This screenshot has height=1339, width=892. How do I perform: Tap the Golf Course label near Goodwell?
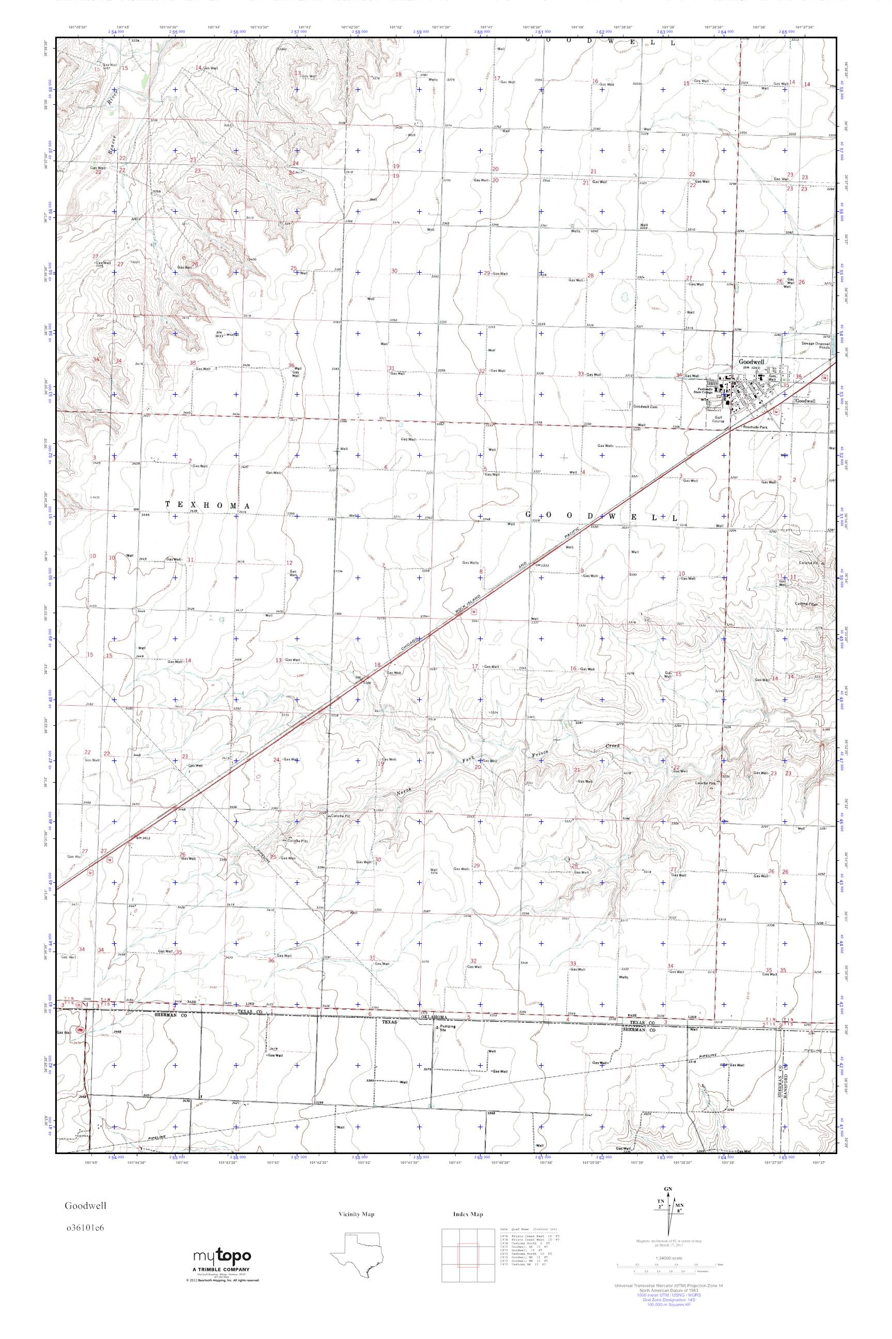coord(714,419)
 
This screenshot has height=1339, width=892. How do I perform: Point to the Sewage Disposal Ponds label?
coord(816,345)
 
